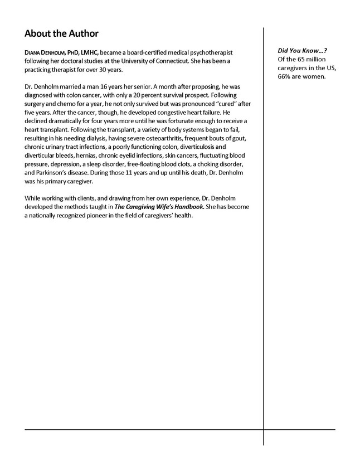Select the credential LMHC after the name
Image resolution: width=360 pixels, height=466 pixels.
click(89, 52)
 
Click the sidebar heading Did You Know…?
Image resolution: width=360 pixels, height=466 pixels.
click(303, 50)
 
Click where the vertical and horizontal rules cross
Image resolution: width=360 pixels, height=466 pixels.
click(264, 429)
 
